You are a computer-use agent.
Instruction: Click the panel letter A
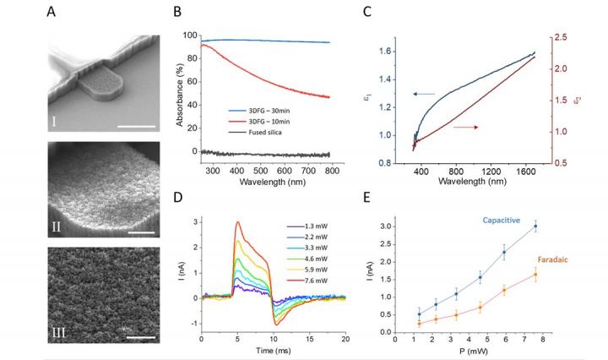pos(51,13)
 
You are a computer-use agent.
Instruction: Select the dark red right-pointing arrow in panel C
pos(469,127)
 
